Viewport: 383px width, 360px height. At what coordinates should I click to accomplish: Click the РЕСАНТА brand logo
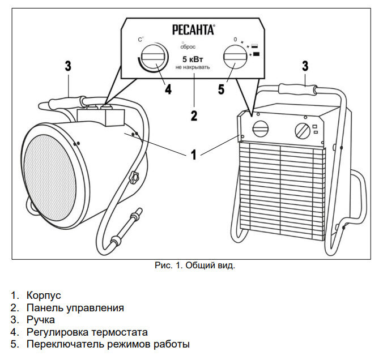pyautogui.click(x=193, y=29)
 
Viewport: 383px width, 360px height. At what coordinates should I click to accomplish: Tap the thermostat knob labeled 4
pyautogui.click(x=152, y=58)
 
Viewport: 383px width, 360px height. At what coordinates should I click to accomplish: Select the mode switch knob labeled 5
pyautogui.click(x=234, y=58)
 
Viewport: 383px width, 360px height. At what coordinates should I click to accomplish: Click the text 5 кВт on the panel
pyautogui.click(x=193, y=59)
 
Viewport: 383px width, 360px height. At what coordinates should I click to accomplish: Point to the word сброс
pyautogui.click(x=188, y=47)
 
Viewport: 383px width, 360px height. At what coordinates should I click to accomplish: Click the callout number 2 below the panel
pyautogui.click(x=194, y=116)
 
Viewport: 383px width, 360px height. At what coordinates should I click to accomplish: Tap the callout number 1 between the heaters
pyautogui.click(x=194, y=154)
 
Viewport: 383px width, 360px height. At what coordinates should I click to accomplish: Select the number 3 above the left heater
pyautogui.click(x=68, y=66)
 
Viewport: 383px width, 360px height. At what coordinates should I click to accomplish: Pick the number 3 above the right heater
pyautogui.click(x=305, y=66)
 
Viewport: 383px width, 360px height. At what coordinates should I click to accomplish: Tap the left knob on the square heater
pyautogui.click(x=262, y=128)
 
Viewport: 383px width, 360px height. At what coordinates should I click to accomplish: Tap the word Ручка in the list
pyautogui.click(x=40, y=320)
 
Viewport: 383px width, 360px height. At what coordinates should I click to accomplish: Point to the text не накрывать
pyautogui.click(x=193, y=67)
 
